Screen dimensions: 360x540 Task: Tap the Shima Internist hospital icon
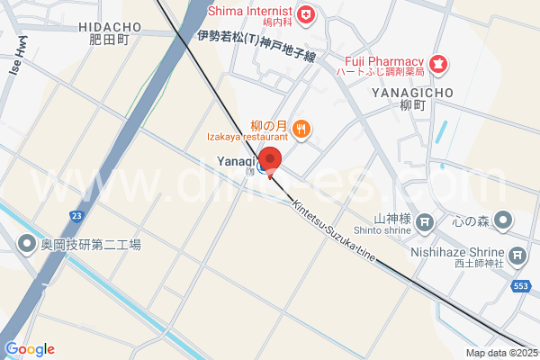pyautogui.click(x=306, y=13)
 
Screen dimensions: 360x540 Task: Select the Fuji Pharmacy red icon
pyautogui.click(x=438, y=63)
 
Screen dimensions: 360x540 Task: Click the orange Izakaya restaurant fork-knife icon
pyautogui.click(x=301, y=130)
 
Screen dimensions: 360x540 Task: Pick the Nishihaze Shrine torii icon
pyautogui.click(x=517, y=257)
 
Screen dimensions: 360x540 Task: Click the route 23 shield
pyautogui.click(x=77, y=216)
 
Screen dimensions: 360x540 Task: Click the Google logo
pyautogui.click(x=30, y=349)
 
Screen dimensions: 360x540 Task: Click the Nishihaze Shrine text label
pyautogui.click(x=468, y=255)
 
